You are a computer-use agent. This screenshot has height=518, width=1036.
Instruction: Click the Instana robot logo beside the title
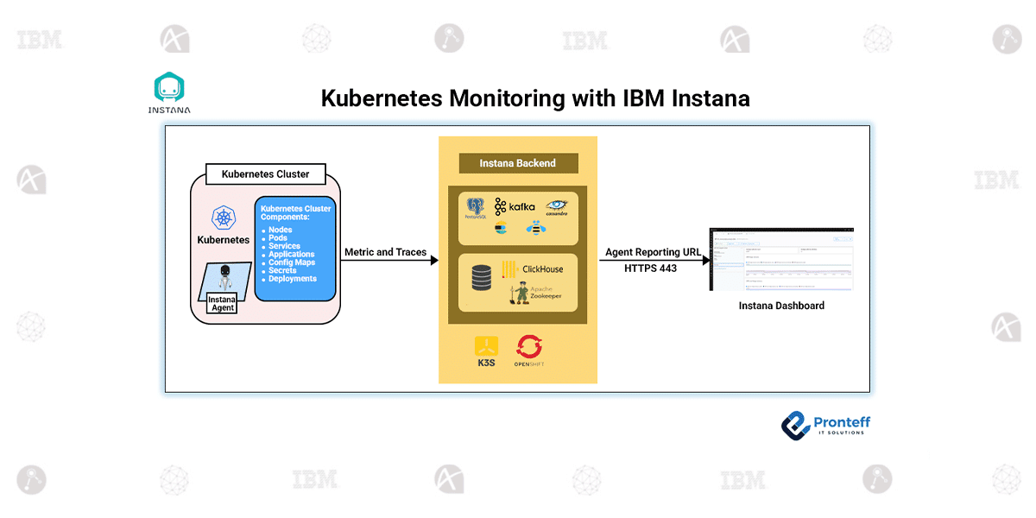pyautogui.click(x=169, y=88)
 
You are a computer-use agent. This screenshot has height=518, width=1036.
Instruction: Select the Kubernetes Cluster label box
pyautogui.click(x=265, y=174)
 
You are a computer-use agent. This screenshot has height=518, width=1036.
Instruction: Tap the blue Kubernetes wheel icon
pyautogui.click(x=224, y=218)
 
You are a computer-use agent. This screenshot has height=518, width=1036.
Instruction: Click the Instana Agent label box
pyautogui.click(x=222, y=302)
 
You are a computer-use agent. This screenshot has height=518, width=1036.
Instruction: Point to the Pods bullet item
pyautogui.click(x=278, y=238)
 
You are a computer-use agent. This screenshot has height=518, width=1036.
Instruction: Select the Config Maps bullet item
pyautogui.click(x=291, y=262)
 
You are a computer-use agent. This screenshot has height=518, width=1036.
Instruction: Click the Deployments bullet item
pyautogui.click(x=292, y=279)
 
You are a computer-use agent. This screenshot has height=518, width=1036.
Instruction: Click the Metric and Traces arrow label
pyautogui.click(x=385, y=252)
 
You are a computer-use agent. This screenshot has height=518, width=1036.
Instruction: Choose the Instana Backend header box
pyautogui.click(x=517, y=163)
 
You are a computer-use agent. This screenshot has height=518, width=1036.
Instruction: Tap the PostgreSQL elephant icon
pyautogui.click(x=476, y=206)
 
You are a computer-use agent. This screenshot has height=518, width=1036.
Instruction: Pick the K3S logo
pyautogui.click(x=486, y=350)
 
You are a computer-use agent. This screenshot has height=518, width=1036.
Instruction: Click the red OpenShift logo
pyautogui.click(x=528, y=349)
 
